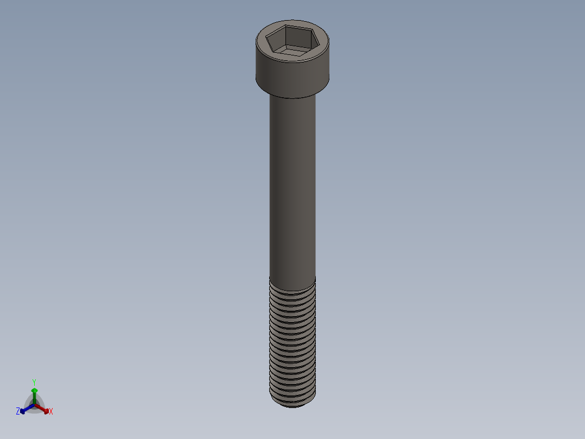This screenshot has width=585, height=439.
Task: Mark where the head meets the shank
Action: [292, 97]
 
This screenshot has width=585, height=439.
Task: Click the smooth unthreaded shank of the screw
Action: [292, 185]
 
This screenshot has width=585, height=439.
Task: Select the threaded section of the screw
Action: [292, 342]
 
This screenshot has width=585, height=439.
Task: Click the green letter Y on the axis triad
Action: [34, 382]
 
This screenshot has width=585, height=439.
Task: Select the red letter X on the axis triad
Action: [51, 412]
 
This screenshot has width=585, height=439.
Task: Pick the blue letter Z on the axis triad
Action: [18, 411]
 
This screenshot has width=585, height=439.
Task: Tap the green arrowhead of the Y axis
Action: [34, 390]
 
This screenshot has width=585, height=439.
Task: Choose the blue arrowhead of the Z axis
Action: [23, 411]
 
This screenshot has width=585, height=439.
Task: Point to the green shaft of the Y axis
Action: [34, 397]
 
